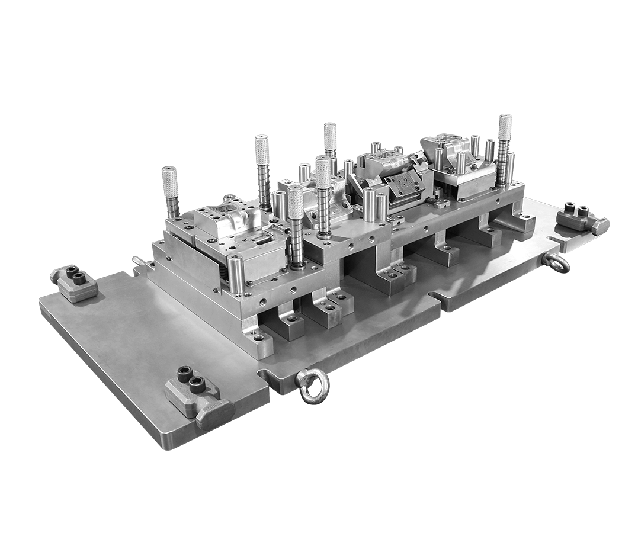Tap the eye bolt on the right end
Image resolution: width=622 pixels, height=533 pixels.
coord(558,263)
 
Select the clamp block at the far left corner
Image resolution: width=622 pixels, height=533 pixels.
coord(74,282)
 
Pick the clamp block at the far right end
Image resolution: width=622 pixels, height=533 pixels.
coord(581,220)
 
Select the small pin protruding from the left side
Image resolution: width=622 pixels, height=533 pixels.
coord(138,261)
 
